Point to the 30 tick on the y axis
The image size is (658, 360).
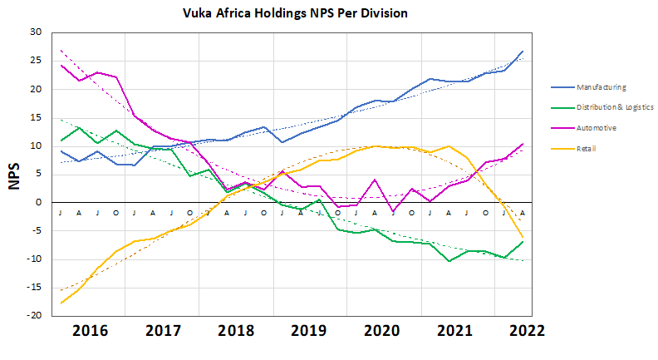pos(35,32)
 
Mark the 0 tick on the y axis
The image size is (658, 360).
pos(38,202)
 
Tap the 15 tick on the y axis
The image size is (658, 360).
pos(35,117)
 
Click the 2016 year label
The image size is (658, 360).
pos(91,329)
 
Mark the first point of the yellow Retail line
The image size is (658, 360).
pos(61,303)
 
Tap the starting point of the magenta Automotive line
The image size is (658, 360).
pos(61,65)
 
